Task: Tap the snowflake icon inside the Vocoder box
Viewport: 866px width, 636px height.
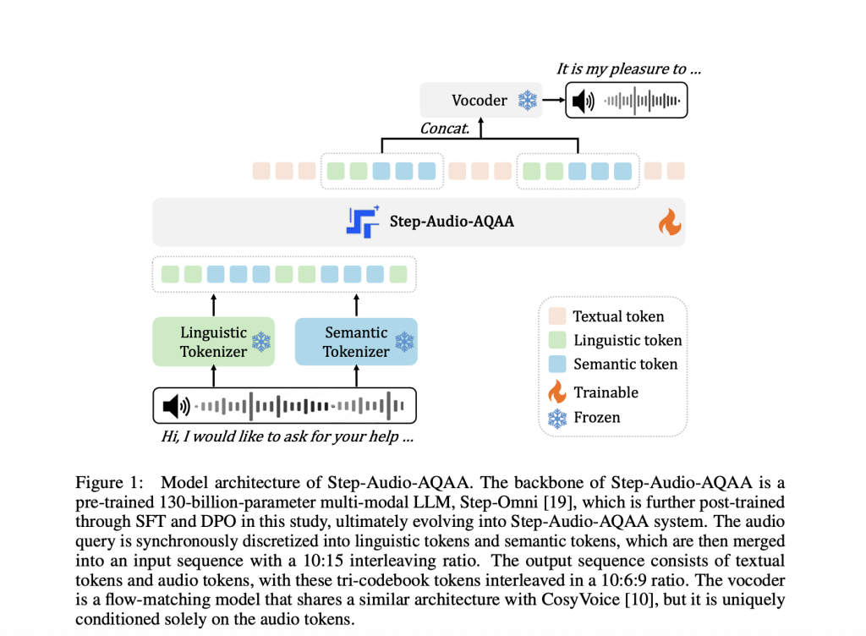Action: tap(528, 101)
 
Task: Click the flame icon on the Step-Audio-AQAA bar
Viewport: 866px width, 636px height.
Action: tap(669, 223)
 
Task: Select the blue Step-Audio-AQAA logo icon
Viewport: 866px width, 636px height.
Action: tap(362, 222)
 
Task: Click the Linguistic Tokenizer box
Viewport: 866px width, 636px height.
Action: tap(214, 342)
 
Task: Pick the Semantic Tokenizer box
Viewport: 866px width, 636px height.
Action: tap(356, 342)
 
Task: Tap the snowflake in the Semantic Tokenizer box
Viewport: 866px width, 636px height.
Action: tap(405, 342)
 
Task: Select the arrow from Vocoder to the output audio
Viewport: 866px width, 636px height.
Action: tap(553, 101)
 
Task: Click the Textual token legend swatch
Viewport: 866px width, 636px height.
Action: tap(556, 317)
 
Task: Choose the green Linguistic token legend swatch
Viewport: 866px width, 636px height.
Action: tap(556, 341)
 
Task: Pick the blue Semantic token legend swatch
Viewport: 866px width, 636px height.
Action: tap(556, 365)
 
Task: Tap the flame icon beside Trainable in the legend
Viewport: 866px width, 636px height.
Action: tap(556, 391)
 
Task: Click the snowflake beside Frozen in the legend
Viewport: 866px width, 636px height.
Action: tap(556, 417)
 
